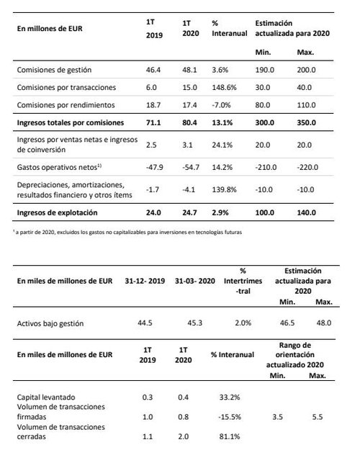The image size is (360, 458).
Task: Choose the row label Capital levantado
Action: pos(48,396)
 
